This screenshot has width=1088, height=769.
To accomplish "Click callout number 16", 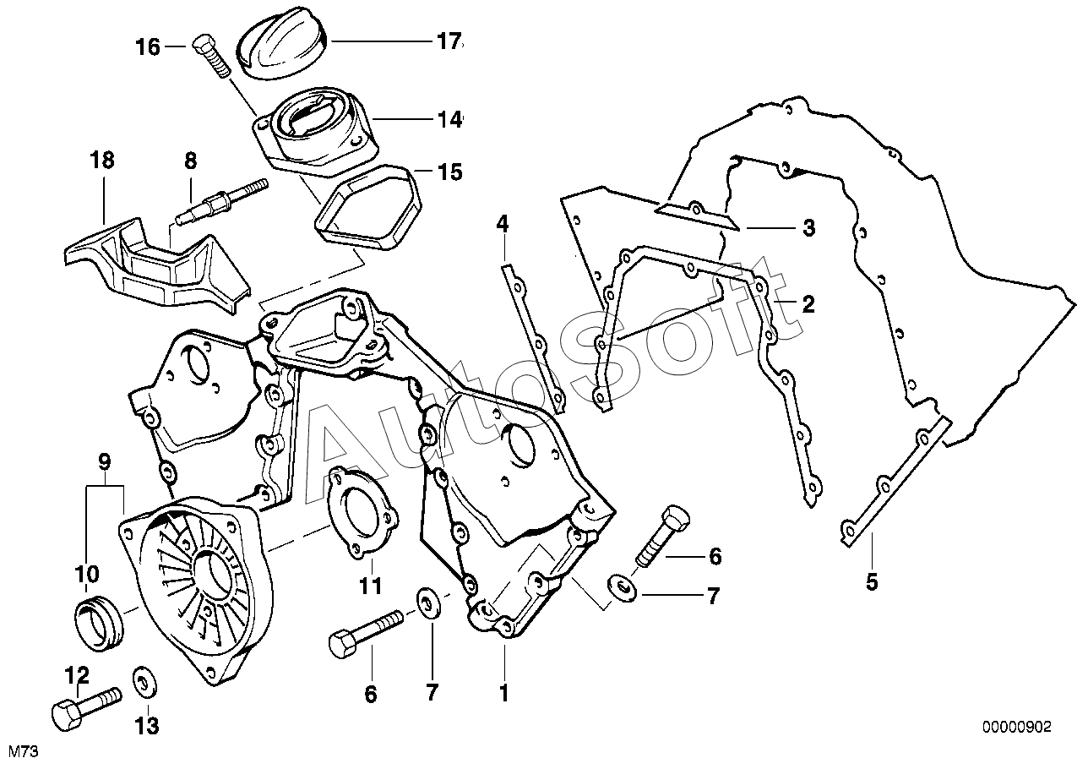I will tap(148, 47).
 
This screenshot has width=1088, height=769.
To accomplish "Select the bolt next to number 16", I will tap(210, 55).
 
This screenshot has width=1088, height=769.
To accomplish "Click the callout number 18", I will tap(103, 161).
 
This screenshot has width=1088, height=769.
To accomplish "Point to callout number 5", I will tap(872, 581).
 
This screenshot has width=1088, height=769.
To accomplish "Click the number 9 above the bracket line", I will tap(105, 462).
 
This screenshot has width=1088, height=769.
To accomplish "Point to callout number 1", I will tap(503, 694).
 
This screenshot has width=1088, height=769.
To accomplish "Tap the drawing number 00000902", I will tap(1017, 726).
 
